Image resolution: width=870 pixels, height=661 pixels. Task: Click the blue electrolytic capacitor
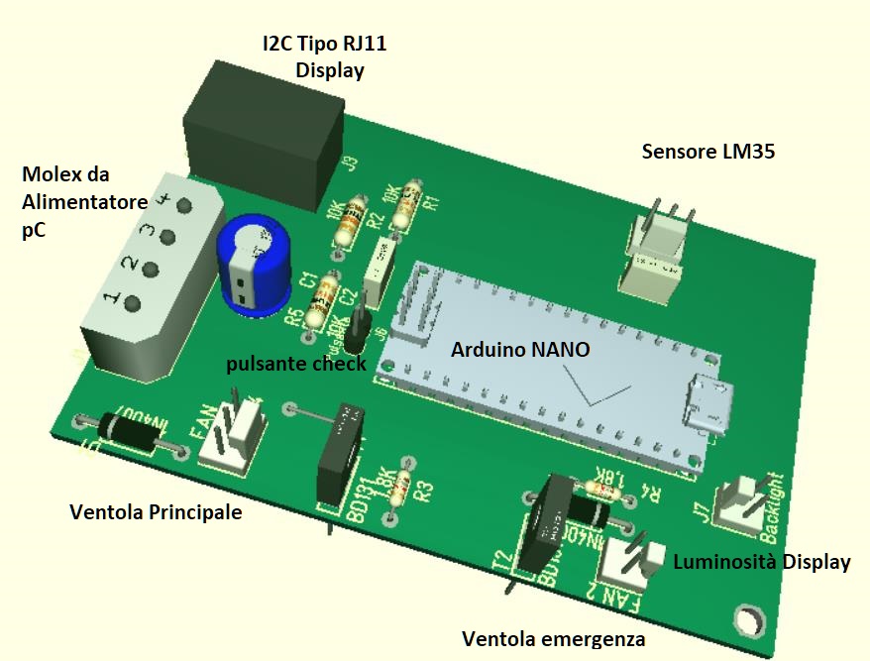pos(253,266)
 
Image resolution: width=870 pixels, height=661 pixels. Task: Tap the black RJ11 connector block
pos(263,124)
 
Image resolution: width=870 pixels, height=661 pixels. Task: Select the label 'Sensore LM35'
pos(707,152)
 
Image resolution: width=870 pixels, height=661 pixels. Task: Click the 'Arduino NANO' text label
pos(520,350)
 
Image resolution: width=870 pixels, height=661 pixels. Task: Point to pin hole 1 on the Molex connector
pos(132,303)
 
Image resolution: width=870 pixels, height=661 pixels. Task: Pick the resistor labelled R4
pos(600,488)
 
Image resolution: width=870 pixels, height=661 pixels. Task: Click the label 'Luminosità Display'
pos(761,562)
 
